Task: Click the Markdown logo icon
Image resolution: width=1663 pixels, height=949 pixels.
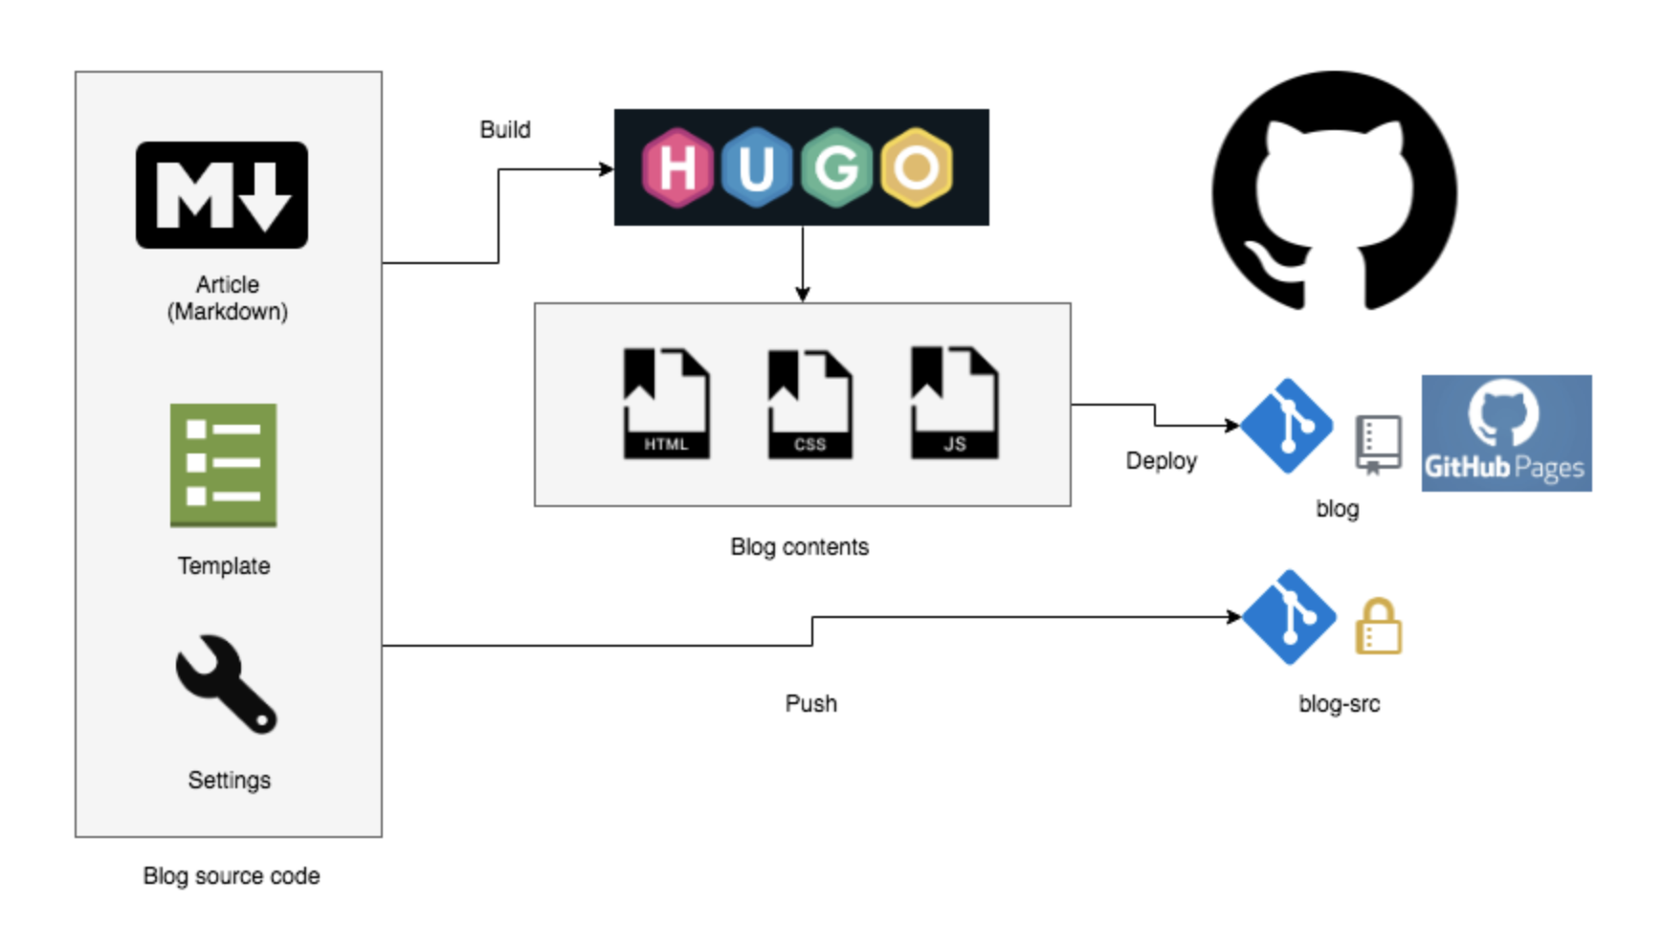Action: click(x=222, y=195)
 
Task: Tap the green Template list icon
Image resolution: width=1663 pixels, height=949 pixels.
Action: click(x=223, y=465)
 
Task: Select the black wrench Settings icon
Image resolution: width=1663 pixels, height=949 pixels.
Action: click(x=226, y=684)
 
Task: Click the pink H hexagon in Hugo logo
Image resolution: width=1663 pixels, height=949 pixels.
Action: click(x=677, y=167)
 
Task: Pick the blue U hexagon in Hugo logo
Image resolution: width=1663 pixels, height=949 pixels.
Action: click(x=756, y=167)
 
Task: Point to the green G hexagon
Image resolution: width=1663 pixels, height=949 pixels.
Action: click(x=836, y=167)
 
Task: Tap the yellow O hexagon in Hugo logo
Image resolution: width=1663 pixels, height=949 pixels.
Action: click(x=917, y=167)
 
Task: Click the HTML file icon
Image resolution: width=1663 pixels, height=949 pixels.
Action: click(x=666, y=404)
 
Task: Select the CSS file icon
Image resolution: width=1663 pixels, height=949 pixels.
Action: click(x=809, y=404)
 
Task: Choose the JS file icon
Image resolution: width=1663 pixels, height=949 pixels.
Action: click(x=954, y=404)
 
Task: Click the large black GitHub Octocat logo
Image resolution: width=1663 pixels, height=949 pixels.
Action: click(x=1334, y=191)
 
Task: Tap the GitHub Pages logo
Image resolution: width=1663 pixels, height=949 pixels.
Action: click(x=1506, y=433)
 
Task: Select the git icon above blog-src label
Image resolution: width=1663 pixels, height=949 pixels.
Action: click(x=1289, y=617)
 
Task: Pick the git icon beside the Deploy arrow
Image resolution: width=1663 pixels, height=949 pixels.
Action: click(x=1287, y=426)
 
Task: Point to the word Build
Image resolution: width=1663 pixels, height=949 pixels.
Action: click(x=505, y=130)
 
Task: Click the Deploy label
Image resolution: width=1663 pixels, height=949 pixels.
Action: click(x=1161, y=461)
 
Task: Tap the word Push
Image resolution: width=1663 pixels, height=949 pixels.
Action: click(x=810, y=704)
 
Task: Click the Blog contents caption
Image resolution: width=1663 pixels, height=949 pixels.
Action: click(x=799, y=547)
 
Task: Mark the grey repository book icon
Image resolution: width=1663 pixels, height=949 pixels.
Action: click(x=1378, y=444)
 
